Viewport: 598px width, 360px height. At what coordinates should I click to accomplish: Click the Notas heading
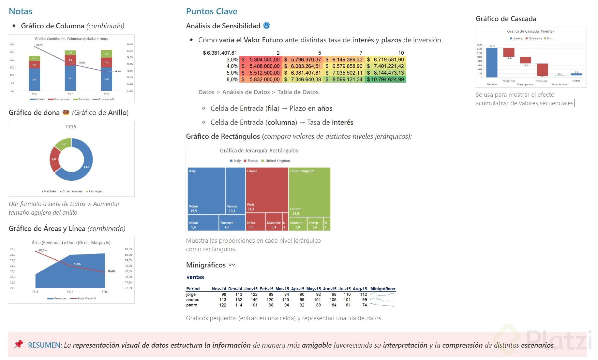pyautogui.click(x=20, y=11)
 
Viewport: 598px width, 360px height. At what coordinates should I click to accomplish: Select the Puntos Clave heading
pyautogui.click(x=212, y=11)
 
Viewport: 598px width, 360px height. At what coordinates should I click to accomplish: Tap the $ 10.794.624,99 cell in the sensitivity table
pyautogui.click(x=385, y=79)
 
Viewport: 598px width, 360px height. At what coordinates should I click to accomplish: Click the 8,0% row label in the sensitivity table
pyautogui.click(x=232, y=79)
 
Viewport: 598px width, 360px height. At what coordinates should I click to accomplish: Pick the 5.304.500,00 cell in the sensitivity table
pyautogui.click(x=261, y=60)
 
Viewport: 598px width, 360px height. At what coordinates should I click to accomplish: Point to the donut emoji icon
pyautogui.click(x=66, y=112)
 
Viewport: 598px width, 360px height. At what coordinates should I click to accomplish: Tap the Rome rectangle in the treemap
pyautogui.click(x=206, y=191)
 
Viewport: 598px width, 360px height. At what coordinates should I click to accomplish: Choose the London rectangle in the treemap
pyautogui.click(x=309, y=192)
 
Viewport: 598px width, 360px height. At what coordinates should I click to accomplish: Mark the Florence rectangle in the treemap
pyautogui.click(x=232, y=223)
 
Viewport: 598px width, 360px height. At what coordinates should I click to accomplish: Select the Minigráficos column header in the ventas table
pyautogui.click(x=382, y=289)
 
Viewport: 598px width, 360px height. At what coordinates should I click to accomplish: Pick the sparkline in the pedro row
pyautogui.click(x=382, y=305)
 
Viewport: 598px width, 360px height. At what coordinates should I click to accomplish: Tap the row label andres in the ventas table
pyautogui.click(x=193, y=300)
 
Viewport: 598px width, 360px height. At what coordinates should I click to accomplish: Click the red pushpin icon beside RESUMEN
pyautogui.click(x=19, y=344)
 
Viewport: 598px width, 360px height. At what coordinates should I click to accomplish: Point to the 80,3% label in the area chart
pyautogui.click(x=43, y=250)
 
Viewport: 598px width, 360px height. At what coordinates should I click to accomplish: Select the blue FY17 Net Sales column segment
pyautogui.click(x=70, y=78)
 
